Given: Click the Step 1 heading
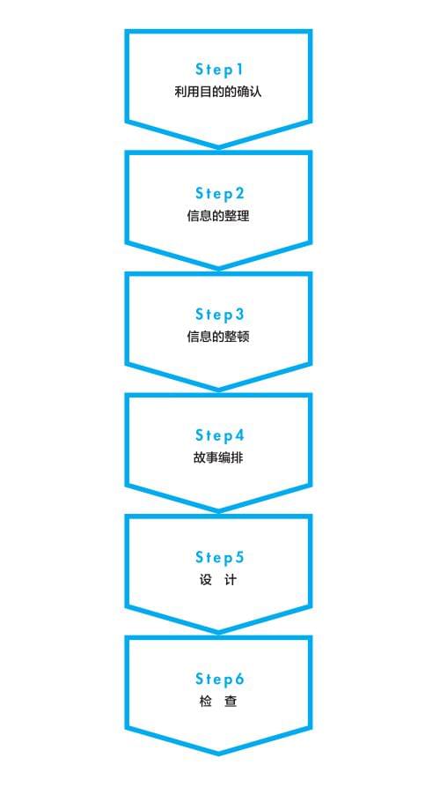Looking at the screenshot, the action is point(219,70).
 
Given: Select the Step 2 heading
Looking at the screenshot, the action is point(220,193).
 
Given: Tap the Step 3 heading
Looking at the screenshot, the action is point(220,315).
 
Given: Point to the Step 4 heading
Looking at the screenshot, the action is point(220,435).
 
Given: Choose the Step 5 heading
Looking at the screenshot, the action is point(220,557).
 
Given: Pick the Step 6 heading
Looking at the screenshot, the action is point(220,679).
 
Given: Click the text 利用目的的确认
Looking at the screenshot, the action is point(218,93).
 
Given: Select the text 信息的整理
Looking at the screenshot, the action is point(218,216).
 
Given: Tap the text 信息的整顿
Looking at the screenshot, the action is point(218,338).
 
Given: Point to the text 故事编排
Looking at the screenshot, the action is point(218,458).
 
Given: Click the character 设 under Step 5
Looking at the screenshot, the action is point(206,580).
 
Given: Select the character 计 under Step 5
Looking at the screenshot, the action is point(231,580).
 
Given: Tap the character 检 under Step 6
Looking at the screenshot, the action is point(206,702).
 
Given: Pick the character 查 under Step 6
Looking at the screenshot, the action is point(231,702).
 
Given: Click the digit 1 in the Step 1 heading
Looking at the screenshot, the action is point(239,70).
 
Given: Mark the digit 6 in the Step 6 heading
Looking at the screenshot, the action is point(239,679).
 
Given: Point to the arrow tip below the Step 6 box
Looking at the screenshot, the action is point(219,754).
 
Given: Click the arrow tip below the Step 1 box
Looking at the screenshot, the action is point(219,147).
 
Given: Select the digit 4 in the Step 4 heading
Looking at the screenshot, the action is point(239,435).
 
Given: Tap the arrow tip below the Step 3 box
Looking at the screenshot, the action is point(219,390).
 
